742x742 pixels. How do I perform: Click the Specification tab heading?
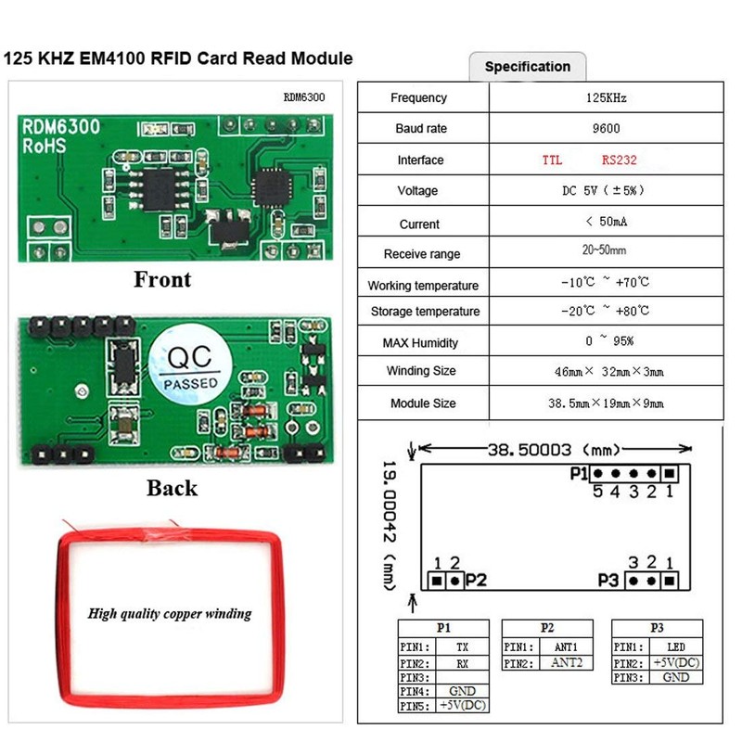click(x=527, y=67)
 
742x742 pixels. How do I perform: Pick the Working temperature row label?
click(x=423, y=286)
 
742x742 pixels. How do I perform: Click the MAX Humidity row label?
click(x=420, y=343)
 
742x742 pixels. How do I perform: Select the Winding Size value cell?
click(x=608, y=372)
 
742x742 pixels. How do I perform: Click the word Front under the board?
click(x=162, y=279)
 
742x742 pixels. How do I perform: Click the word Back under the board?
click(x=172, y=488)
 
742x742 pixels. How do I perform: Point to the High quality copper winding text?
click(x=170, y=613)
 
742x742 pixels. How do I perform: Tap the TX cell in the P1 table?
click(x=463, y=646)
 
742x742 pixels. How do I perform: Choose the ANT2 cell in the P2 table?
click(x=566, y=663)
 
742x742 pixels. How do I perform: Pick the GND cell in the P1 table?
click(x=463, y=692)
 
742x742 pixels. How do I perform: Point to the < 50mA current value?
click(x=608, y=223)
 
